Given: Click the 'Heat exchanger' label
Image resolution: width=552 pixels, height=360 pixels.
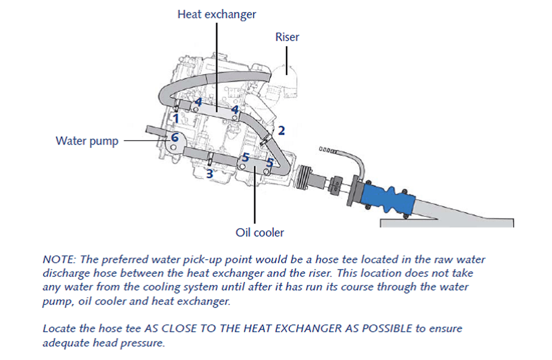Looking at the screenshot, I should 217,14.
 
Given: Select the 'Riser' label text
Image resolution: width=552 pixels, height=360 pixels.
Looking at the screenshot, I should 287,37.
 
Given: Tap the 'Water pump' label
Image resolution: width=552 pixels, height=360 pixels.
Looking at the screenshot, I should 87,140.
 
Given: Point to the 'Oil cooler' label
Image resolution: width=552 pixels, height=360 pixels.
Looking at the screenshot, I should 260,232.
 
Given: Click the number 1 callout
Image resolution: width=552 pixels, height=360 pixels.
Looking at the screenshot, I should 175,118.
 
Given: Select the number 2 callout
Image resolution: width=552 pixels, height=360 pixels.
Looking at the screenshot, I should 282,131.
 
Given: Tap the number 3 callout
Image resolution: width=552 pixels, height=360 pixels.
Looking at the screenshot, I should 209,174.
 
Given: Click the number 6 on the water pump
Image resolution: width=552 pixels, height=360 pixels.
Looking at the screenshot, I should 174,137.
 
